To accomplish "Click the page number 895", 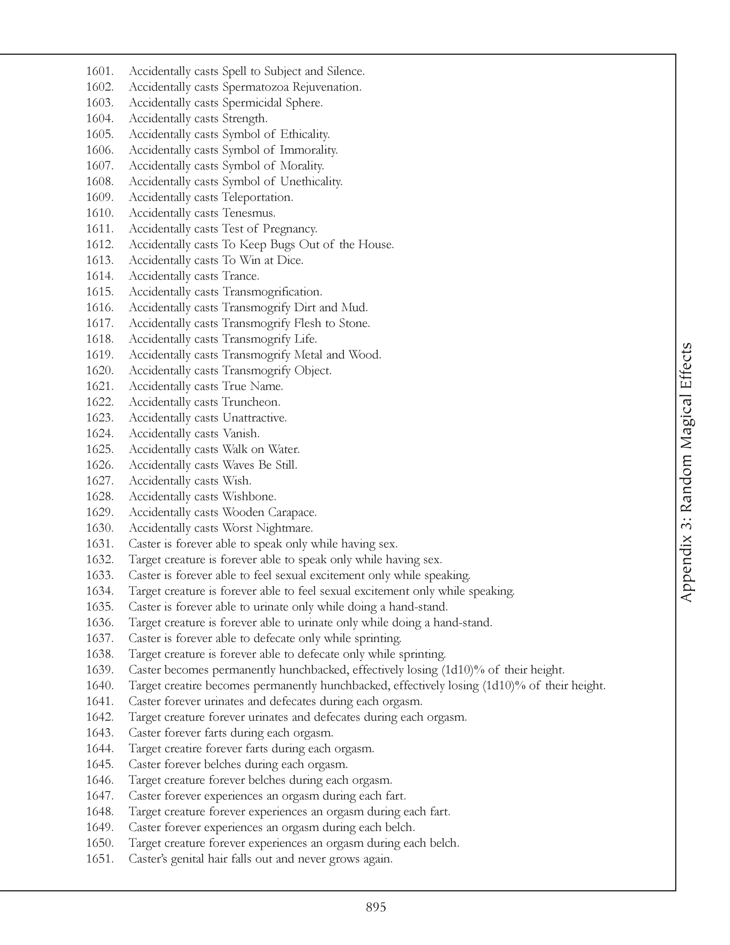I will [x=376, y=907].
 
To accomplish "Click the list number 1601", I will [x=99, y=71].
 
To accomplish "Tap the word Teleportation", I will [x=257, y=197].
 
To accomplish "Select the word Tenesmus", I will [x=249, y=213].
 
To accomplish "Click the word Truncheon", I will [x=251, y=402].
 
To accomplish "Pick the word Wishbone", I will [x=249, y=496].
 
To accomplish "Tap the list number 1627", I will [x=99, y=481].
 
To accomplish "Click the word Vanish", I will [x=241, y=434].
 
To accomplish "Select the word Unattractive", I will [x=254, y=418].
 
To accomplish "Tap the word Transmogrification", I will [x=272, y=292].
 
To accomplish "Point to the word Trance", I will [x=241, y=276].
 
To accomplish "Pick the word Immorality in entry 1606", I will [x=309, y=150].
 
